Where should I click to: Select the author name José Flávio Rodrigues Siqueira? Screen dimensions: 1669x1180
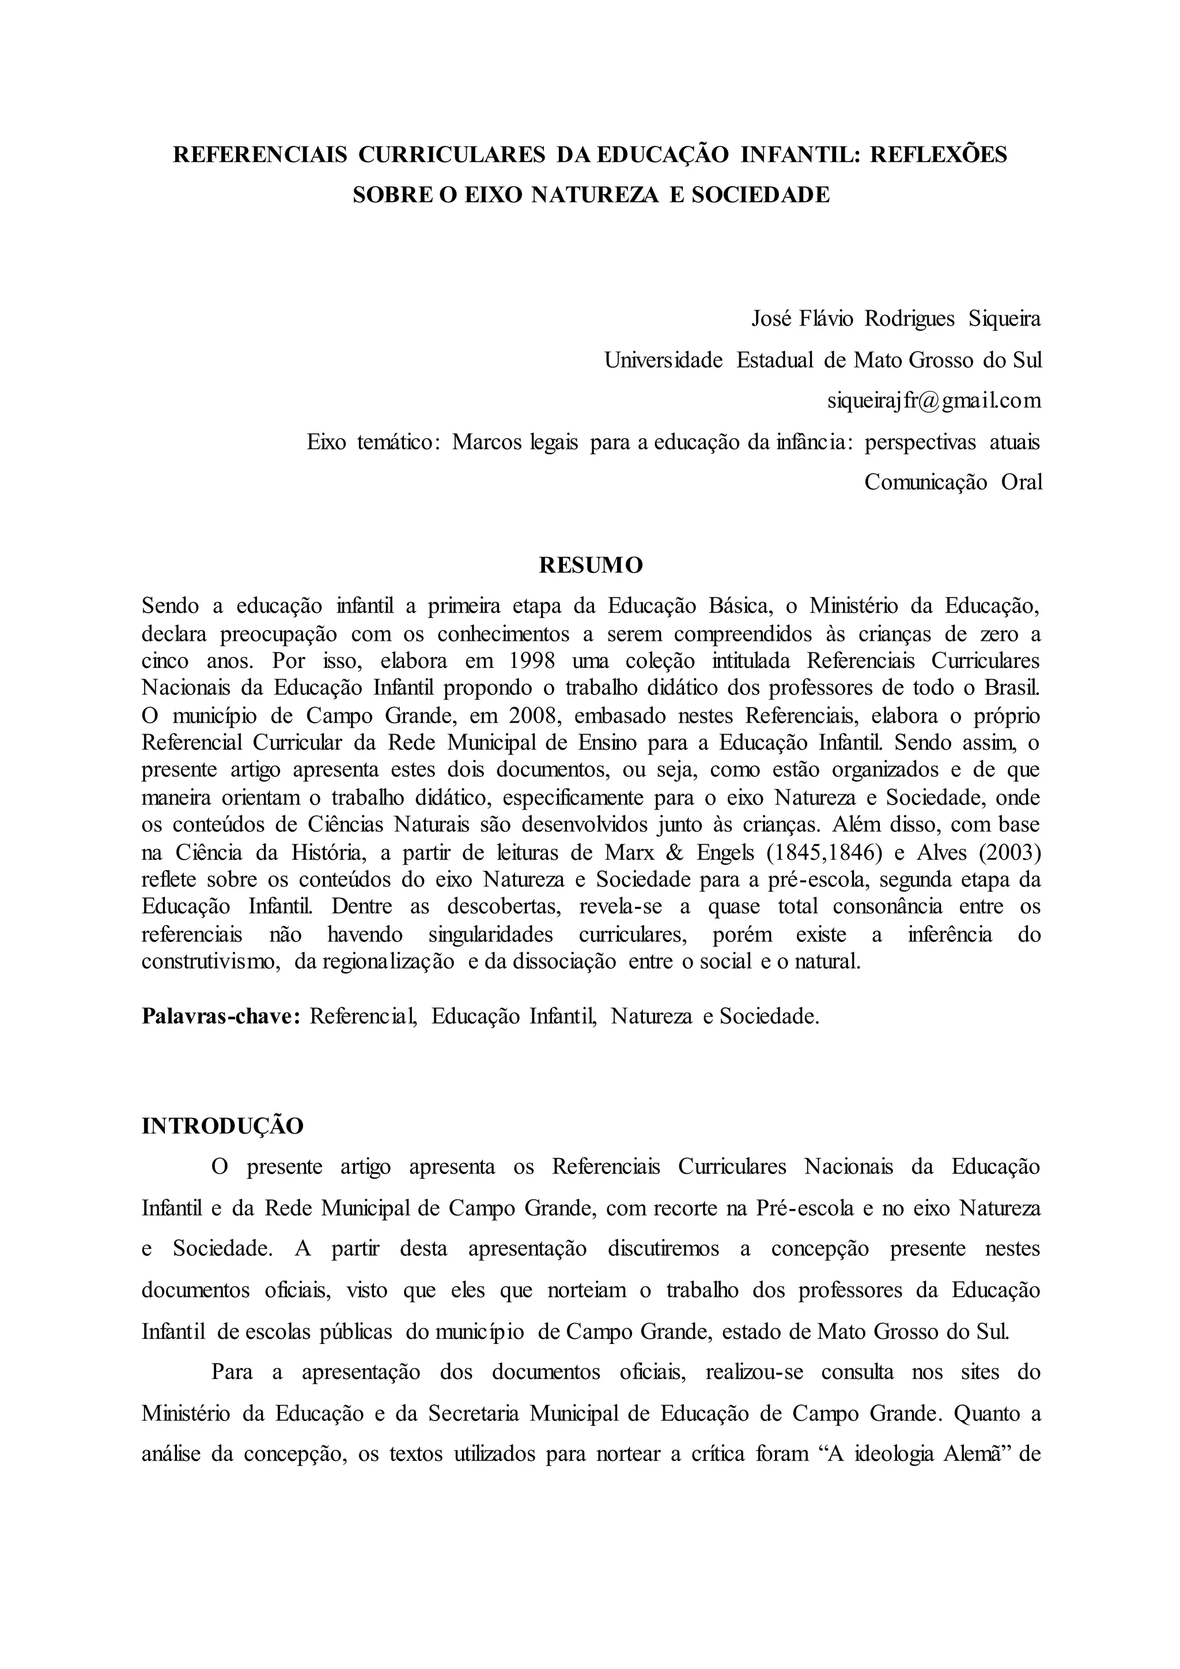click(x=895, y=319)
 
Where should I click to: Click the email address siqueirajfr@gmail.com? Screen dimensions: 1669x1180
click(x=933, y=401)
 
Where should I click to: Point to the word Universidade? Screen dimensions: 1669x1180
click(x=663, y=360)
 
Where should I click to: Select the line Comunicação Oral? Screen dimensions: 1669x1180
click(x=952, y=482)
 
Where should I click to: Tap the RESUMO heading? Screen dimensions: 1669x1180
click(x=591, y=565)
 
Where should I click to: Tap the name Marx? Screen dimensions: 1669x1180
click(x=614, y=853)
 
